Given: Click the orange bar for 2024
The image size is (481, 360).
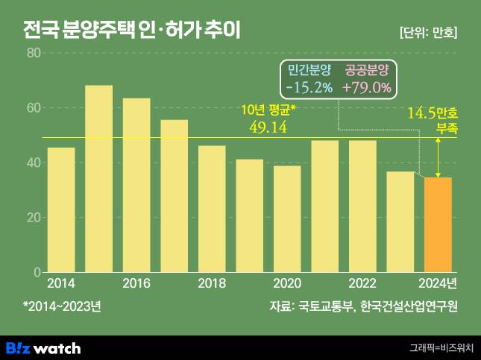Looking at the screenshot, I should point(438,224).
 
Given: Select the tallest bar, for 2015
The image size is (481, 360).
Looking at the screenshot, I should point(98,179).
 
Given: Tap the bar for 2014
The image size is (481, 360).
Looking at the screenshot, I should point(61,209).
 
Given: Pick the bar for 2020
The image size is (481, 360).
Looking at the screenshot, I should point(287,219).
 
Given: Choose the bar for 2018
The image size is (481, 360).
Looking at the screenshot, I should point(212,209).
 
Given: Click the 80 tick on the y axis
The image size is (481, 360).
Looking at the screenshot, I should point(33,53).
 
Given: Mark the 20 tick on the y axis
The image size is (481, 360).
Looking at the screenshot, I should point(33,218).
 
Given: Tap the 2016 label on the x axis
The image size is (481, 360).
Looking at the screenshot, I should point(136,284).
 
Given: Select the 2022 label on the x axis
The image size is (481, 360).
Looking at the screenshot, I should point(362,284).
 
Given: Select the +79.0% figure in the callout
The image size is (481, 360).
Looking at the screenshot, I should point(366,87).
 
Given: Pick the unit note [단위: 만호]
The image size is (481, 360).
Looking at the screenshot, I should point(428,33).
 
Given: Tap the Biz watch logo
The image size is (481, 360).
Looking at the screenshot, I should point(43,347).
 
